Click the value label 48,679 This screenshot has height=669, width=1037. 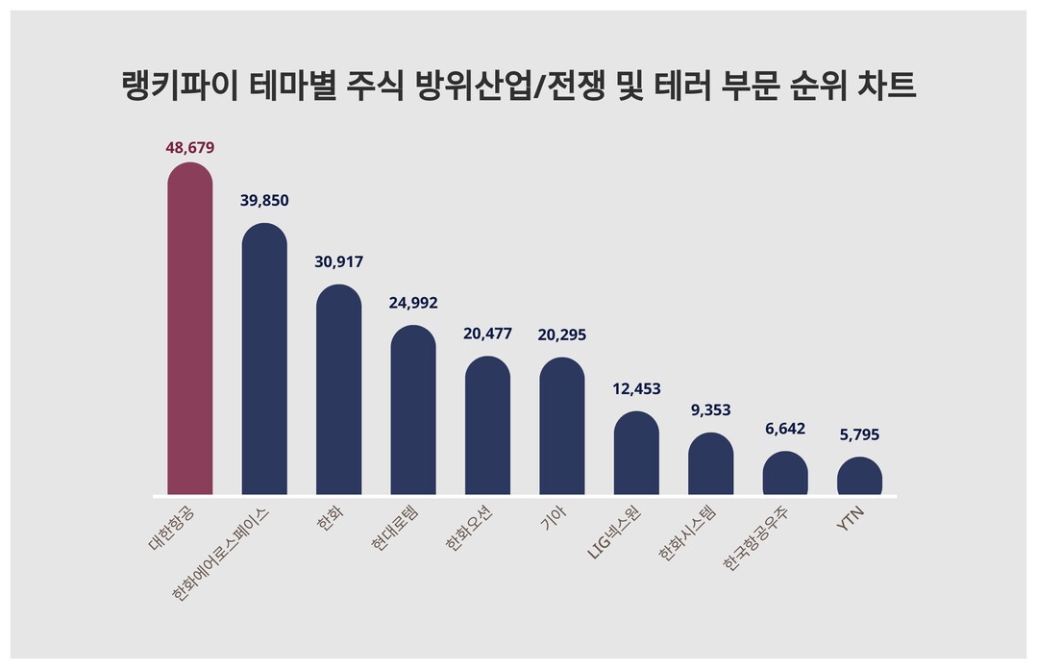point(190,148)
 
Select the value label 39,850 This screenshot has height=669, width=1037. point(264,200)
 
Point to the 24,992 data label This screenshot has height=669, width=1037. point(413,303)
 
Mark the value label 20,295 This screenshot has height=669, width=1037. point(562,334)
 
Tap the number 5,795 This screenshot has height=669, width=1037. point(859,435)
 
